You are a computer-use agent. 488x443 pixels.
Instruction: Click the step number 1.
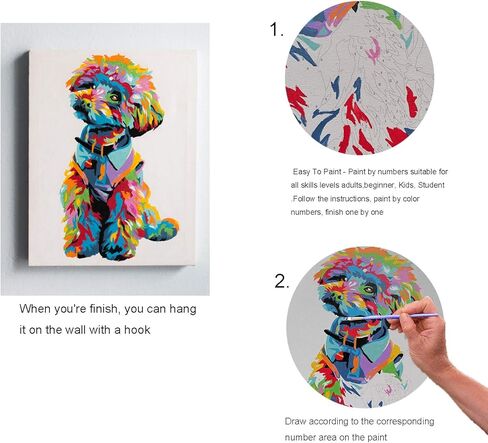(x=276, y=30)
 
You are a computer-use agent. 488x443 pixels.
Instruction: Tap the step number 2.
(x=281, y=281)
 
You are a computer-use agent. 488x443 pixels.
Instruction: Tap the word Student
(x=450, y=186)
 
